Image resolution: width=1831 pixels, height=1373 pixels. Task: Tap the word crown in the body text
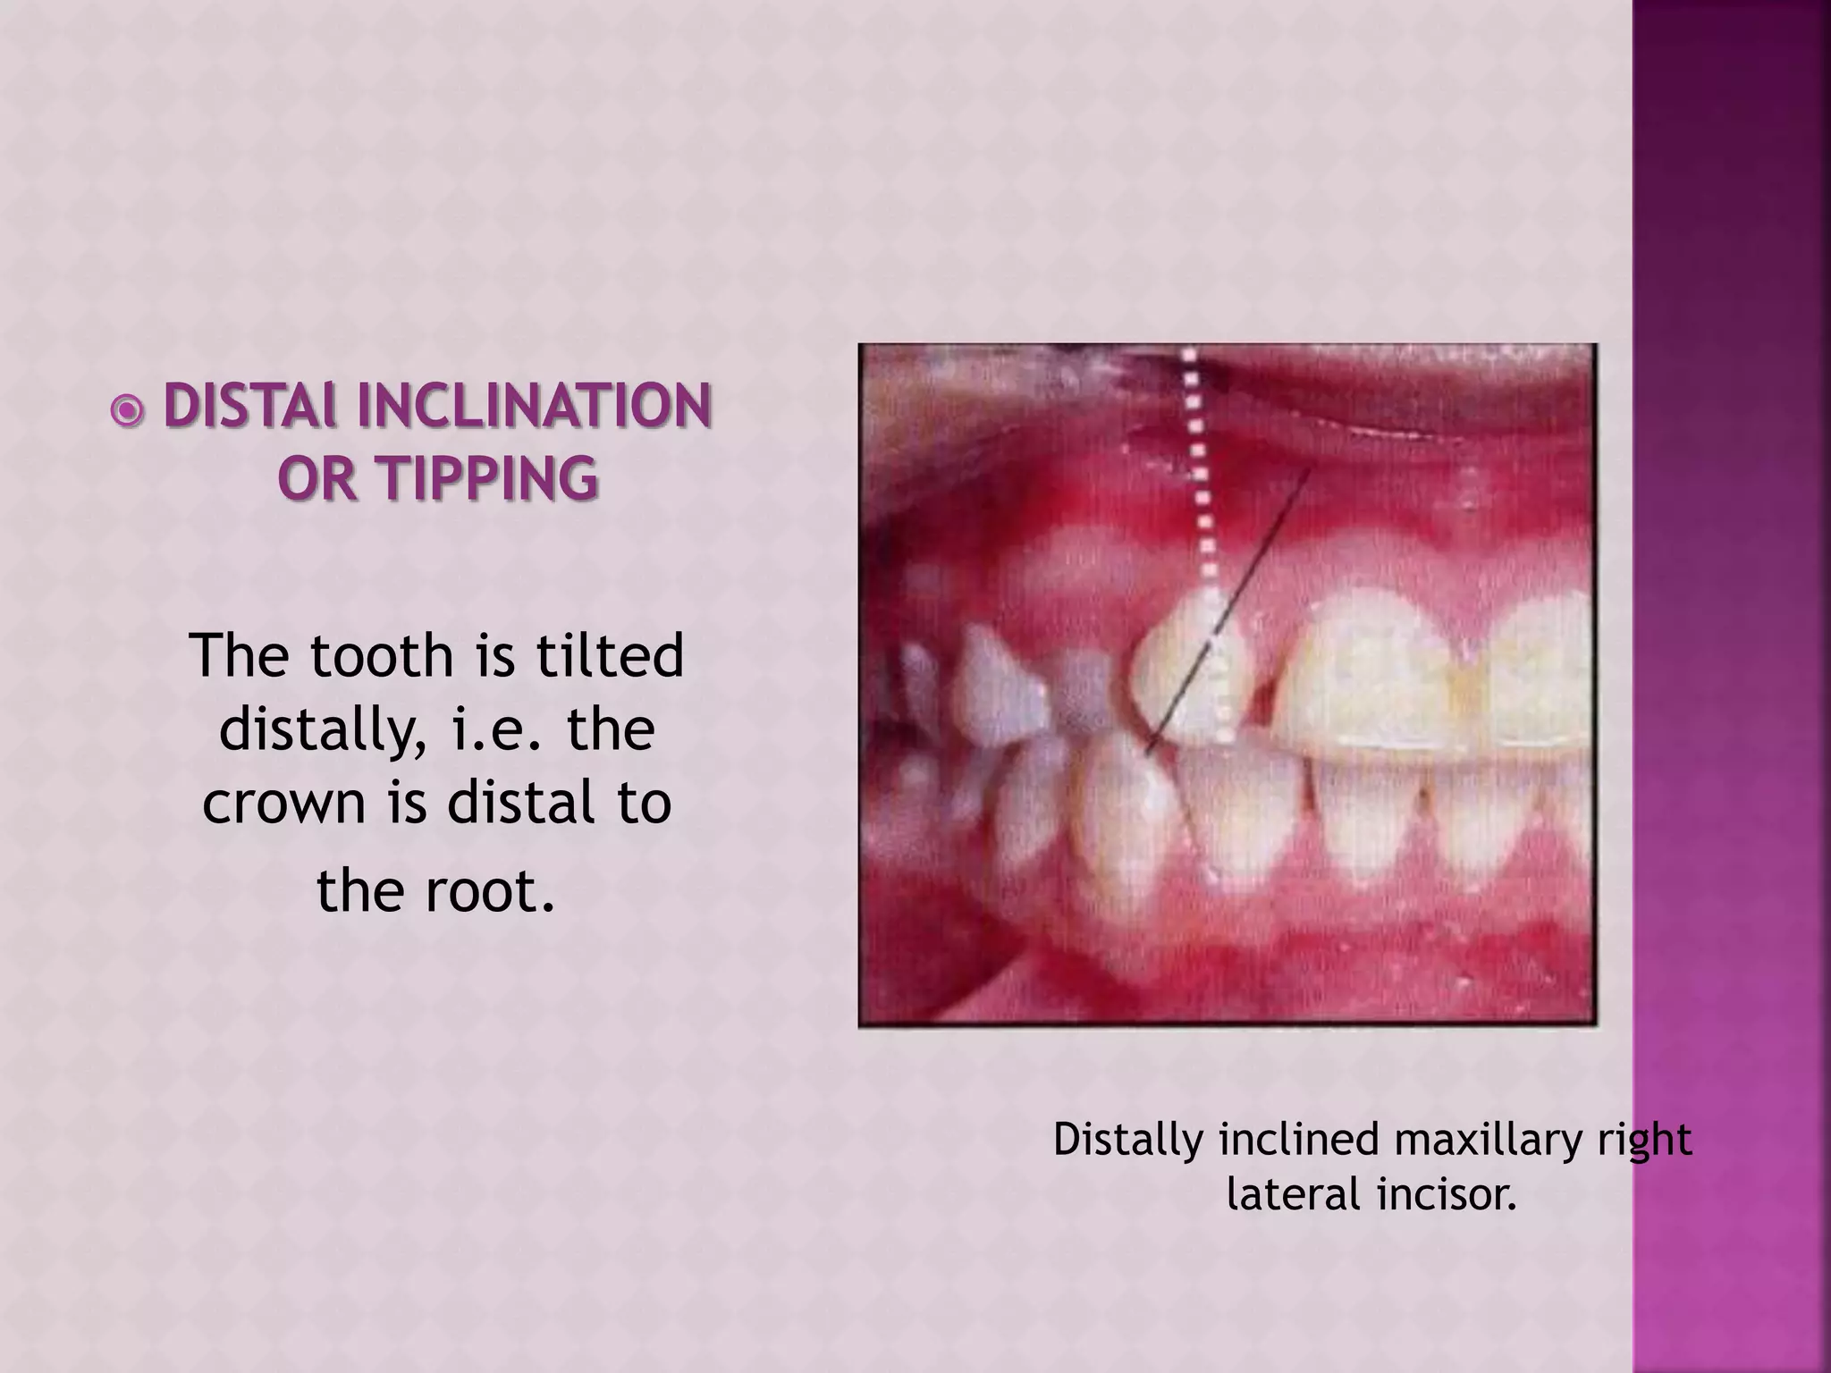click(x=284, y=802)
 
